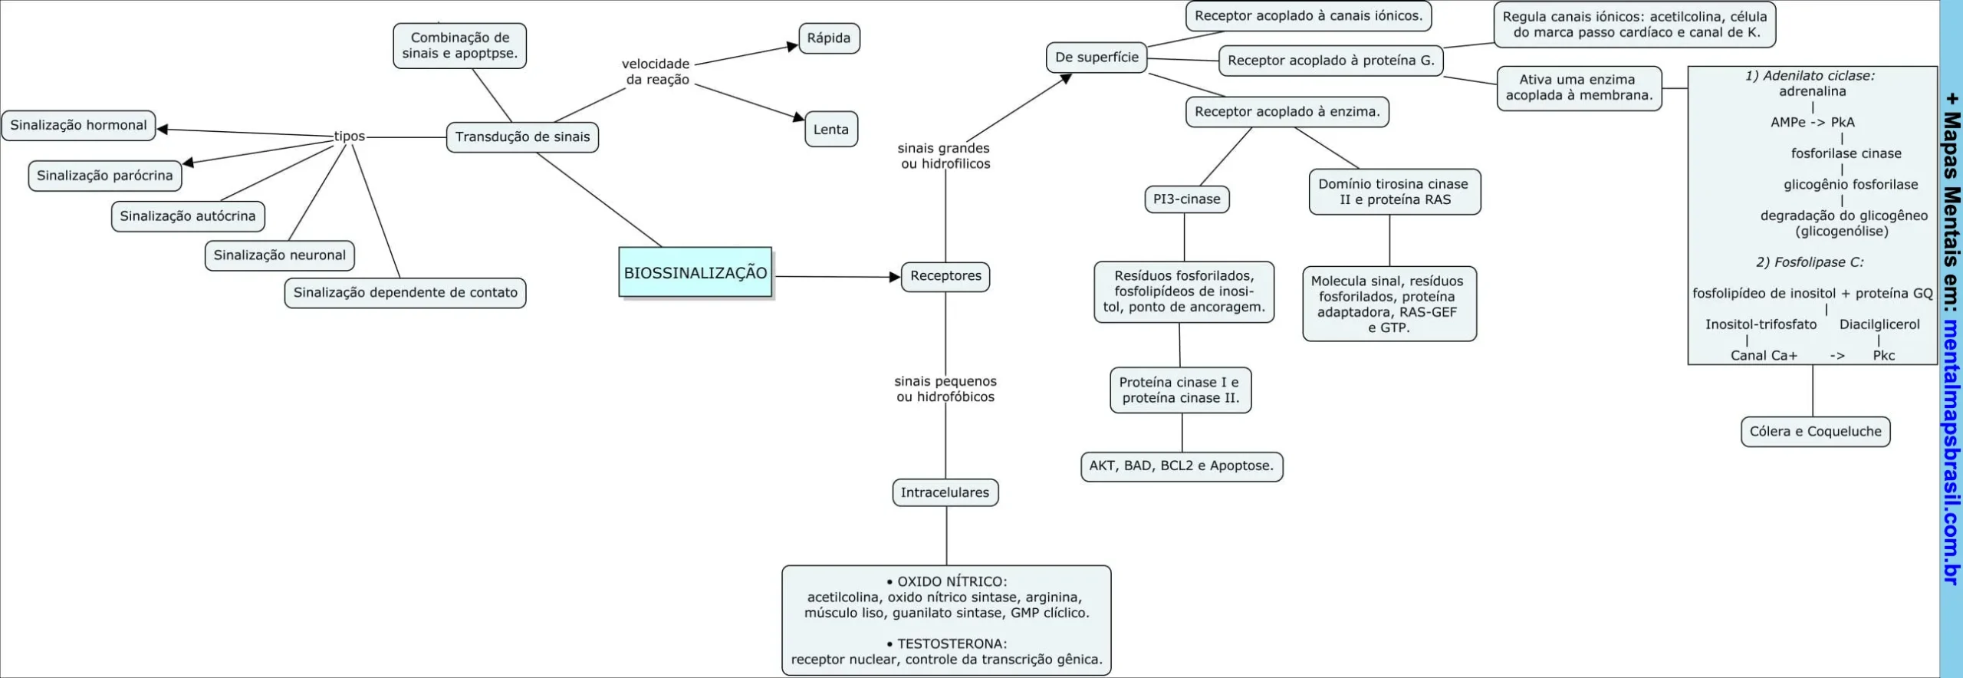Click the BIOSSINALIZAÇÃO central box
point(695,272)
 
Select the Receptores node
point(945,276)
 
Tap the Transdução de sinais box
point(522,137)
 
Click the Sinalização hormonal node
point(78,125)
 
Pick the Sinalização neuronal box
point(279,255)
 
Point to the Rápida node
point(828,38)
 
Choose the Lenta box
point(830,130)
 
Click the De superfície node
point(1096,58)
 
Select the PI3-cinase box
point(1186,199)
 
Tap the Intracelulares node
point(945,492)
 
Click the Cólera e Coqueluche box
point(1815,432)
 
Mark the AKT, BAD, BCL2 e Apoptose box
point(1181,466)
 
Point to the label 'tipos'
point(350,137)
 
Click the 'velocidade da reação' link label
point(656,72)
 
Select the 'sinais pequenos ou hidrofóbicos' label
point(945,389)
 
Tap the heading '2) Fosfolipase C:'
point(1810,262)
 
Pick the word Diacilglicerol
point(1879,324)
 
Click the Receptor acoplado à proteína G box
point(1330,61)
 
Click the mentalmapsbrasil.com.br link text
point(1951,453)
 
